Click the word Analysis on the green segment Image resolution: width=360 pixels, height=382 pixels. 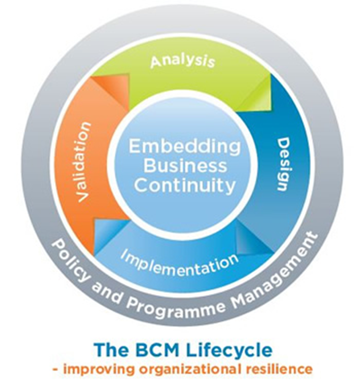coord(183,61)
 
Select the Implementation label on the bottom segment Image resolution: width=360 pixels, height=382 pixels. coord(179,263)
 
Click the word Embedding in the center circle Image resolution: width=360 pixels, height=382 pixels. coord(185,147)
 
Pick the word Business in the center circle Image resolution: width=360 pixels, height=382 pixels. coord(185,166)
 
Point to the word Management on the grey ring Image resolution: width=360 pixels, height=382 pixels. coord(276,270)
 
